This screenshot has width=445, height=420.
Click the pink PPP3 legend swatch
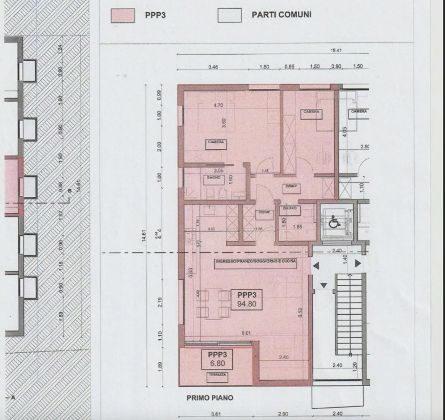(123, 16)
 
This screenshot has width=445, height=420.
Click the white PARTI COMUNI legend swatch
(230, 16)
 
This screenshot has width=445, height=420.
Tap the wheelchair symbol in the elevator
(333, 222)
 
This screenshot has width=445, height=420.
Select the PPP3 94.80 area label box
(247, 300)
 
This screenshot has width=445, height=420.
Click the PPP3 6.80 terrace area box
(218, 359)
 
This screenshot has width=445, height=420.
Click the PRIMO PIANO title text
(210, 398)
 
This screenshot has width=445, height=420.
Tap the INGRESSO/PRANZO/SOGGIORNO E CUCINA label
(256, 261)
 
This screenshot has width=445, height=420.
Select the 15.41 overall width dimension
(336, 50)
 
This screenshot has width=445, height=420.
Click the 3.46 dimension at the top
(213, 67)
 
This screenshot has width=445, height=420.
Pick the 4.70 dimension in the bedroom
(218, 105)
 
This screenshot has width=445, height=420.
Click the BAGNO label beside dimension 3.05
(214, 178)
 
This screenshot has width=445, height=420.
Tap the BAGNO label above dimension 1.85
(290, 208)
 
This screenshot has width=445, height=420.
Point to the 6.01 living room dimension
(246, 333)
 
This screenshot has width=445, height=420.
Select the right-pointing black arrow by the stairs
(358, 263)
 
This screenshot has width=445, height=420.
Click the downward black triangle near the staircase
(324, 286)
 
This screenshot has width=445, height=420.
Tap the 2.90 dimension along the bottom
(283, 414)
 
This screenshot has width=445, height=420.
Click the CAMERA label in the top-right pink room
(311, 112)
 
